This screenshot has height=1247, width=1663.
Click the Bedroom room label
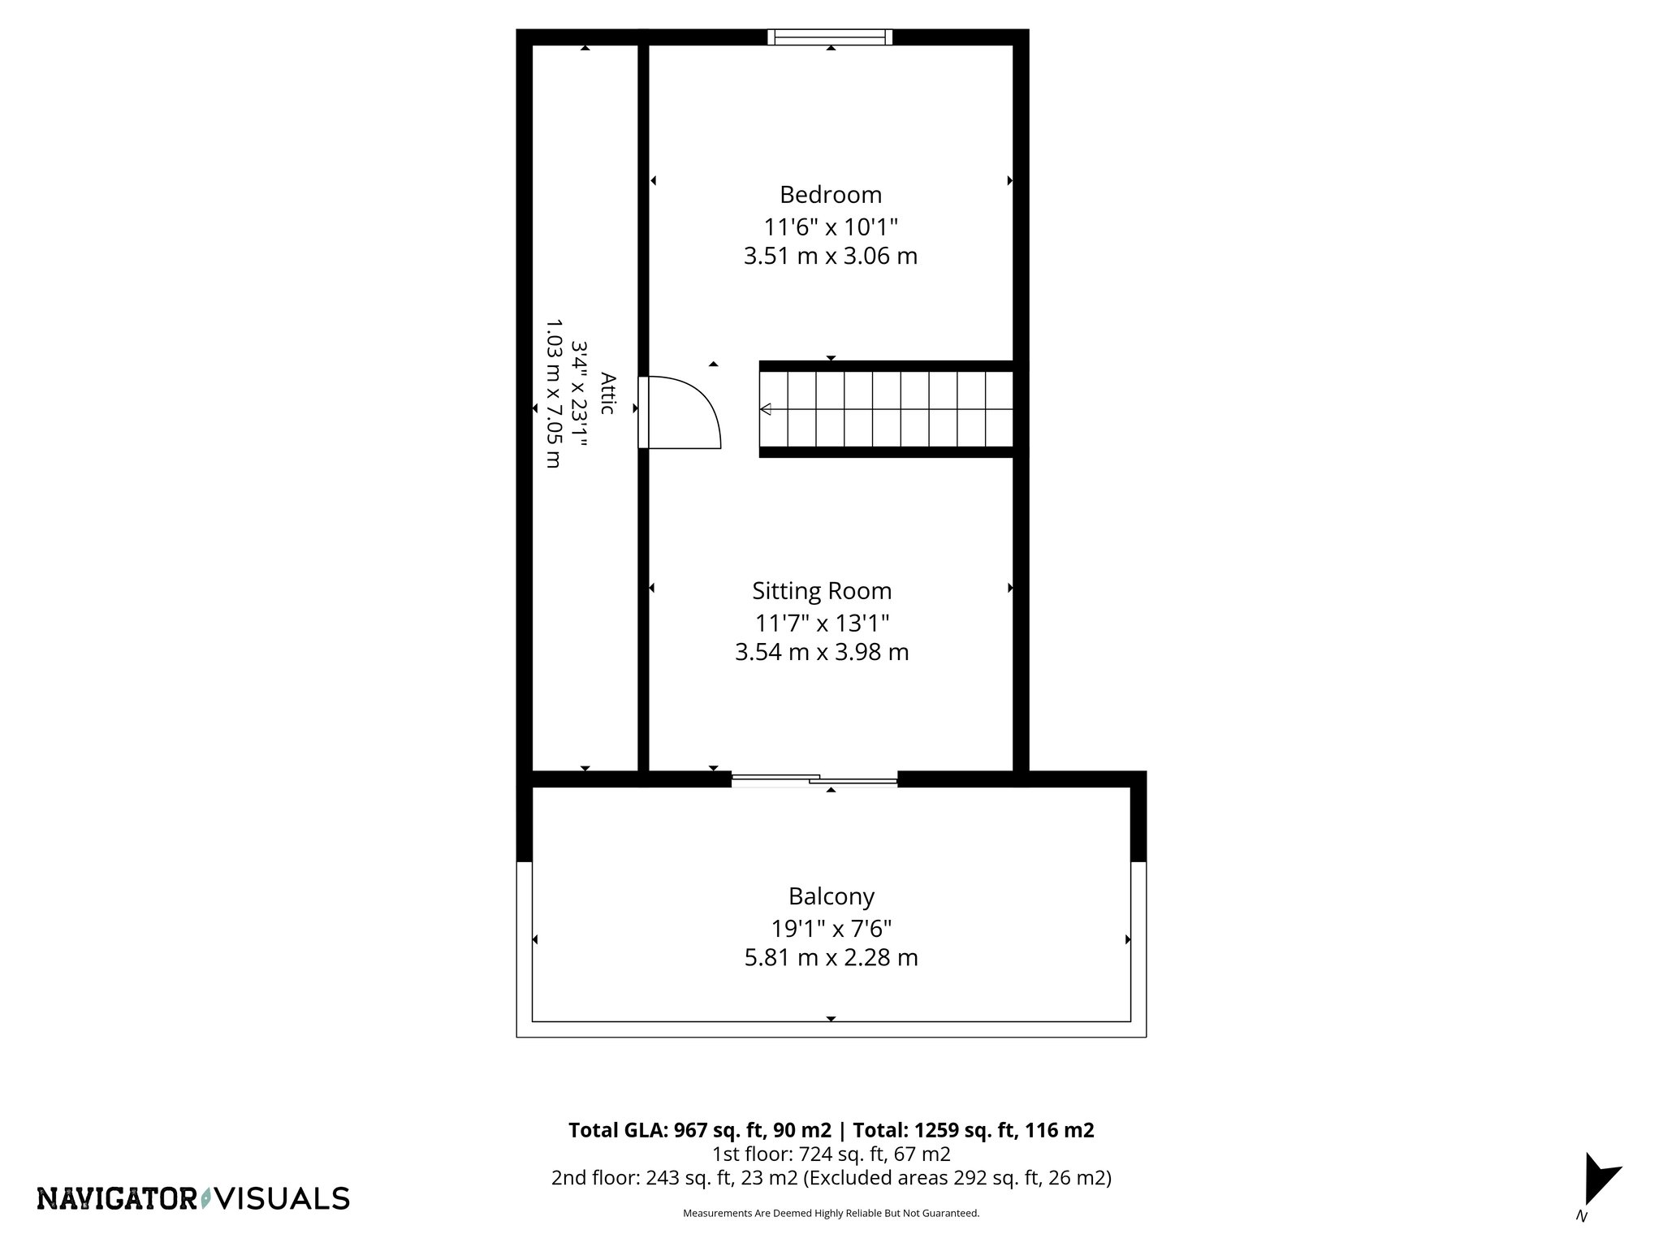click(x=830, y=195)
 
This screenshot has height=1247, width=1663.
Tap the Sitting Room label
click(x=821, y=590)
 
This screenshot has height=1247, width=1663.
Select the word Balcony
click(x=831, y=896)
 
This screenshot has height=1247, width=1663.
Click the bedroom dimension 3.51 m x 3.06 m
click(x=830, y=257)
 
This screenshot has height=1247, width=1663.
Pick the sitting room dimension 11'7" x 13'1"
click(x=822, y=623)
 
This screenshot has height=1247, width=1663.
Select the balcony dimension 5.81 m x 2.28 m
click(x=831, y=958)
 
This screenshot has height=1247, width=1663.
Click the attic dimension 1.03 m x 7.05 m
click(x=553, y=394)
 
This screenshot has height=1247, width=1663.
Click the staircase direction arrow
click(x=766, y=409)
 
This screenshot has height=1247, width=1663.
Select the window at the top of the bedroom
click(x=830, y=37)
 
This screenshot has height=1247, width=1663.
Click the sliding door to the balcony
click(x=814, y=780)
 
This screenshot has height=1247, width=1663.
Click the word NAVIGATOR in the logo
click(x=117, y=1198)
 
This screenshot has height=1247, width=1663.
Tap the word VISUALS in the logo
click(x=285, y=1198)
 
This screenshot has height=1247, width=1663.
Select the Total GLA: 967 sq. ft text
click(x=699, y=1130)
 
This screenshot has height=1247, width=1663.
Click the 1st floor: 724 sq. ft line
click(x=831, y=1154)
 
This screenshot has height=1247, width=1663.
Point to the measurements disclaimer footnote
click(x=831, y=1213)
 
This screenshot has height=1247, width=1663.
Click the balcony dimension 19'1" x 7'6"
click(x=831, y=928)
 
